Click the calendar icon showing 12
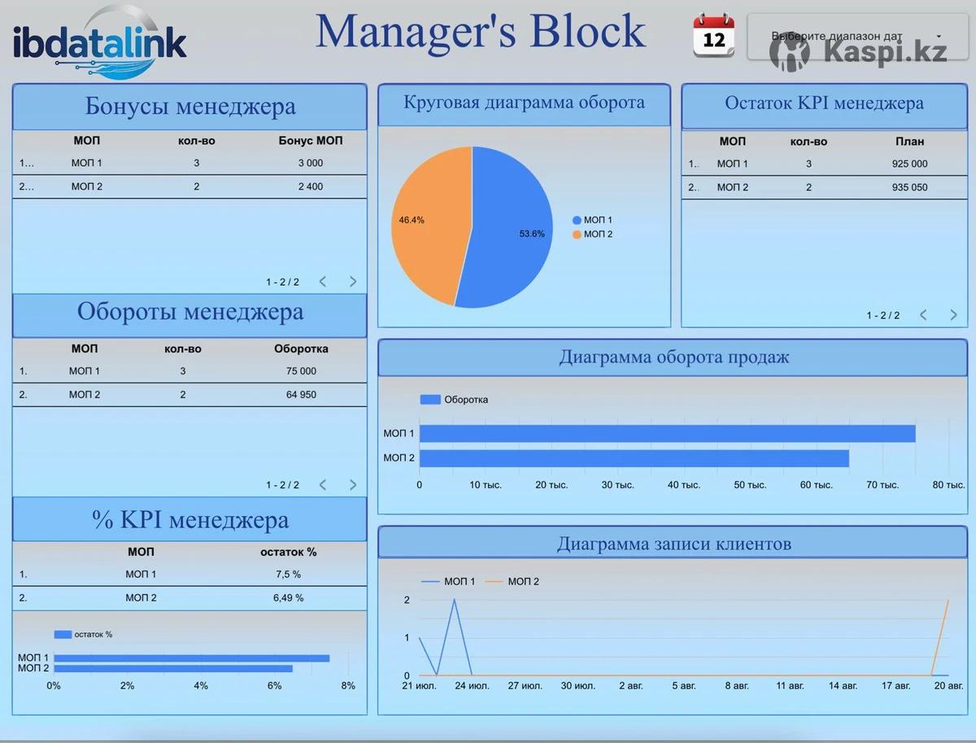coord(713,36)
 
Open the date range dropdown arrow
coord(939,37)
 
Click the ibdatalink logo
coord(99,42)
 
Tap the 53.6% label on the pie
coord(532,234)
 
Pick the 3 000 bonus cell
coord(310,163)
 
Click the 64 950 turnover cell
coord(301,395)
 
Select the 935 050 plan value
coord(909,187)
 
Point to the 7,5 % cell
coord(288,574)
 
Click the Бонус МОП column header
coord(310,141)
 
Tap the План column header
coord(909,142)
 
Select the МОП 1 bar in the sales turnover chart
coord(667,434)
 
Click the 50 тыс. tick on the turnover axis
coord(749,485)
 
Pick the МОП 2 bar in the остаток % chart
coord(172,669)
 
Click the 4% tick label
coord(201,686)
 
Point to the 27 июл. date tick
coord(525,686)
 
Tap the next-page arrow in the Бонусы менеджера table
coord(353,282)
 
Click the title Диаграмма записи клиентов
coord(673,544)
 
